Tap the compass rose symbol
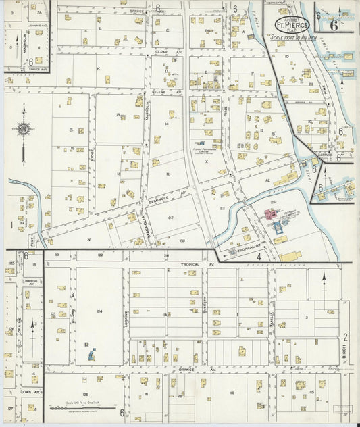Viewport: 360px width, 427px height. (23, 129)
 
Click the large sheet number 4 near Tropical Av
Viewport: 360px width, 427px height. (259, 257)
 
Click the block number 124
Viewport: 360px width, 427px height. (99, 311)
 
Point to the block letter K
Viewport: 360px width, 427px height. (98, 69)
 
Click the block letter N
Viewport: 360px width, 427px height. (88, 239)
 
